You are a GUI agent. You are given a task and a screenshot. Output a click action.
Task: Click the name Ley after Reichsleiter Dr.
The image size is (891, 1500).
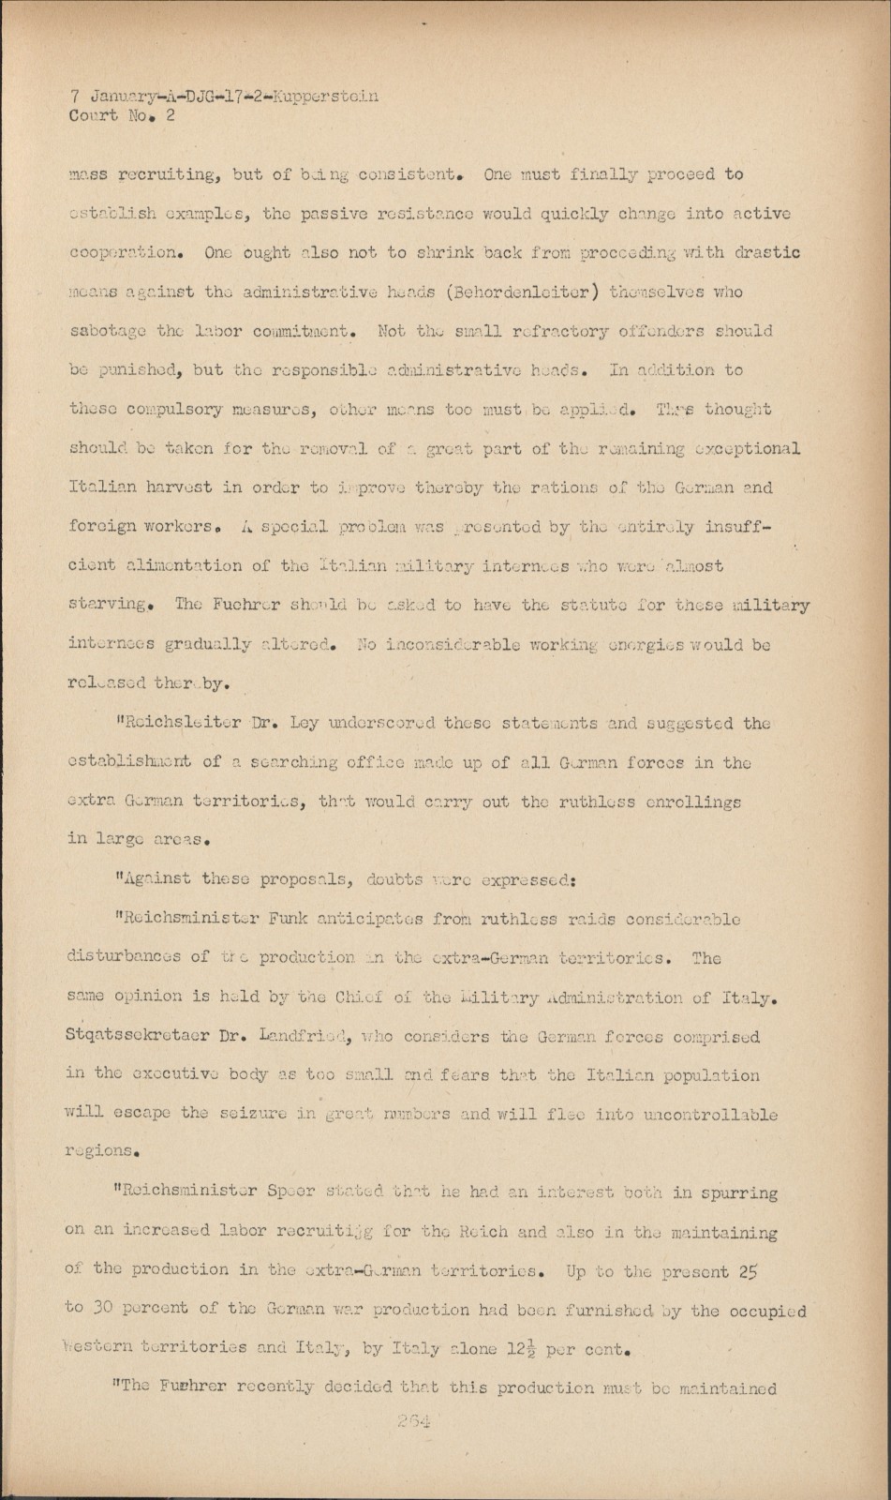[x=305, y=724]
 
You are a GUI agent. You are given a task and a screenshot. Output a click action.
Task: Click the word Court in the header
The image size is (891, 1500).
[x=94, y=116]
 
